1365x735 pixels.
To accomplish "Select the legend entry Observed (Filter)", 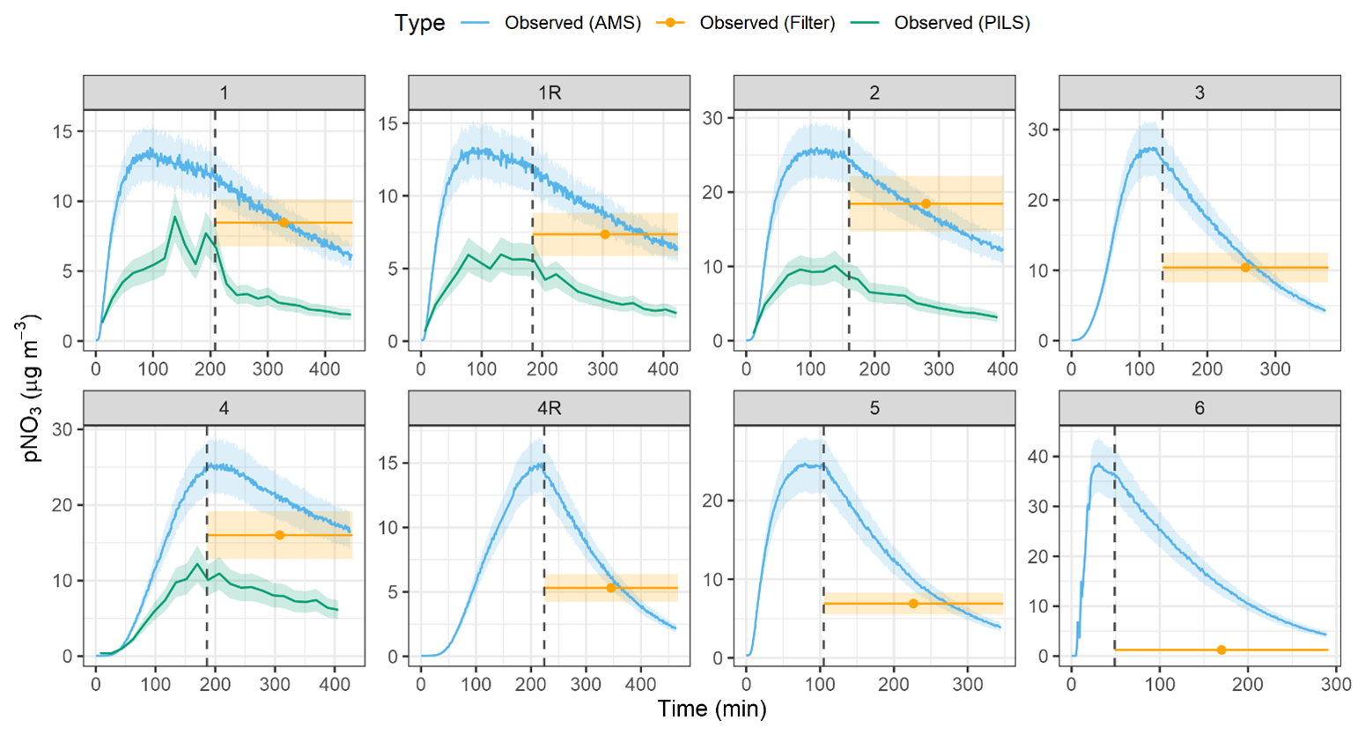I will (x=767, y=23).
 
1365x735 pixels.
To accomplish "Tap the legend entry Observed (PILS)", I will (x=962, y=23).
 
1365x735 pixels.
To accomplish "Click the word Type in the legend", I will (x=419, y=23).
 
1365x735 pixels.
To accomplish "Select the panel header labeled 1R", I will (x=549, y=93).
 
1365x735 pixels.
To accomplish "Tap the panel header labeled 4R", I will (x=549, y=409).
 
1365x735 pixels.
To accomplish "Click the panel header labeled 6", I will (x=1199, y=409).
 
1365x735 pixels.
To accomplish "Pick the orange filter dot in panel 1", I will (x=284, y=223).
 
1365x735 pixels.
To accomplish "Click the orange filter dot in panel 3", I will (x=1245, y=267).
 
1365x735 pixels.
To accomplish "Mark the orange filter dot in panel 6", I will (x=1221, y=650).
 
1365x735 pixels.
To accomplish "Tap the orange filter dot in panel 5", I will (x=913, y=604).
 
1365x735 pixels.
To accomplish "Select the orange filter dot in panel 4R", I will (x=611, y=588).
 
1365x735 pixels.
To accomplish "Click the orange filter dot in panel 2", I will (x=926, y=204).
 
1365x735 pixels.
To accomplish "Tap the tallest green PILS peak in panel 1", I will (x=175, y=217).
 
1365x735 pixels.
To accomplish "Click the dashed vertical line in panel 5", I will (x=823, y=529).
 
